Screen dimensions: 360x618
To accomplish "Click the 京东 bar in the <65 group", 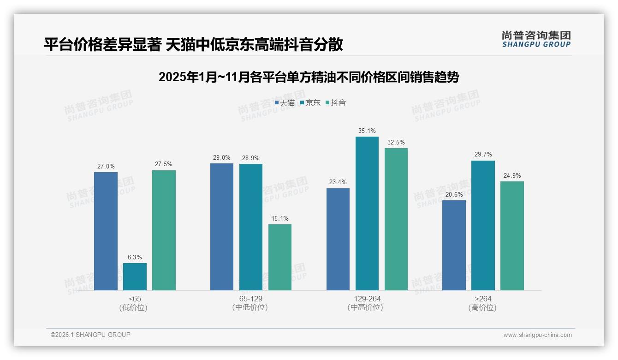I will pos(135,276).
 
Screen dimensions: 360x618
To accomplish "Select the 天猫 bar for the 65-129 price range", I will pos(222,227).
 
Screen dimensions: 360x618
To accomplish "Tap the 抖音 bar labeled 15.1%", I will pos(280,257).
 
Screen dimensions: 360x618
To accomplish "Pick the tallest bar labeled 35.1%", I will pos(367,213).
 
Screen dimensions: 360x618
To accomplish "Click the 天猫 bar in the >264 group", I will pos(454,245).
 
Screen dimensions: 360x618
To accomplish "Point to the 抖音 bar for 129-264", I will pos(396,219).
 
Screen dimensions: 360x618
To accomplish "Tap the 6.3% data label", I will pos(135,257).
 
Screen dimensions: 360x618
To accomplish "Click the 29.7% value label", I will pos(483,155).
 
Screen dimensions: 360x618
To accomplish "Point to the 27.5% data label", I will pos(164,164).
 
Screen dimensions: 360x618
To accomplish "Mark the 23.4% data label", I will pos(338,182).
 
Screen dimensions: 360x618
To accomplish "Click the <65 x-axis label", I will pos(135,299).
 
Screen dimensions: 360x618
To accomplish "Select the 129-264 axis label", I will pos(367,299).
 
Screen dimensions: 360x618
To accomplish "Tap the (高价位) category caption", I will pos(482,308).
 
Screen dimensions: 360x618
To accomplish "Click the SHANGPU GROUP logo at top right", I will pos(536,39).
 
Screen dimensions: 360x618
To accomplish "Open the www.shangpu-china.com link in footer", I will pos(537,335).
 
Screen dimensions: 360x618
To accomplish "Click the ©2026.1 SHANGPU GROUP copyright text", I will pos(90,335).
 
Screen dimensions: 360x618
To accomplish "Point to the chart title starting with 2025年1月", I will pos(309,77).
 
